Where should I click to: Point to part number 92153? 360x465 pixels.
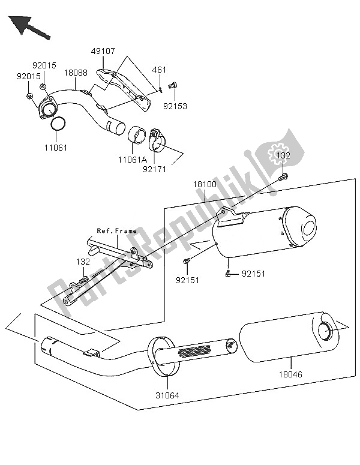click(x=176, y=106)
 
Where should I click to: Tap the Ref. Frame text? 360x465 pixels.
click(x=117, y=231)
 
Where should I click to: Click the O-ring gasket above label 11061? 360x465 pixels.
click(x=58, y=124)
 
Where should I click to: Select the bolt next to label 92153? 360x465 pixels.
click(x=173, y=86)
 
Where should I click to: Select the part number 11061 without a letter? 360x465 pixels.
click(x=58, y=145)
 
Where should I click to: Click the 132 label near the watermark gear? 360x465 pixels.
click(x=283, y=156)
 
